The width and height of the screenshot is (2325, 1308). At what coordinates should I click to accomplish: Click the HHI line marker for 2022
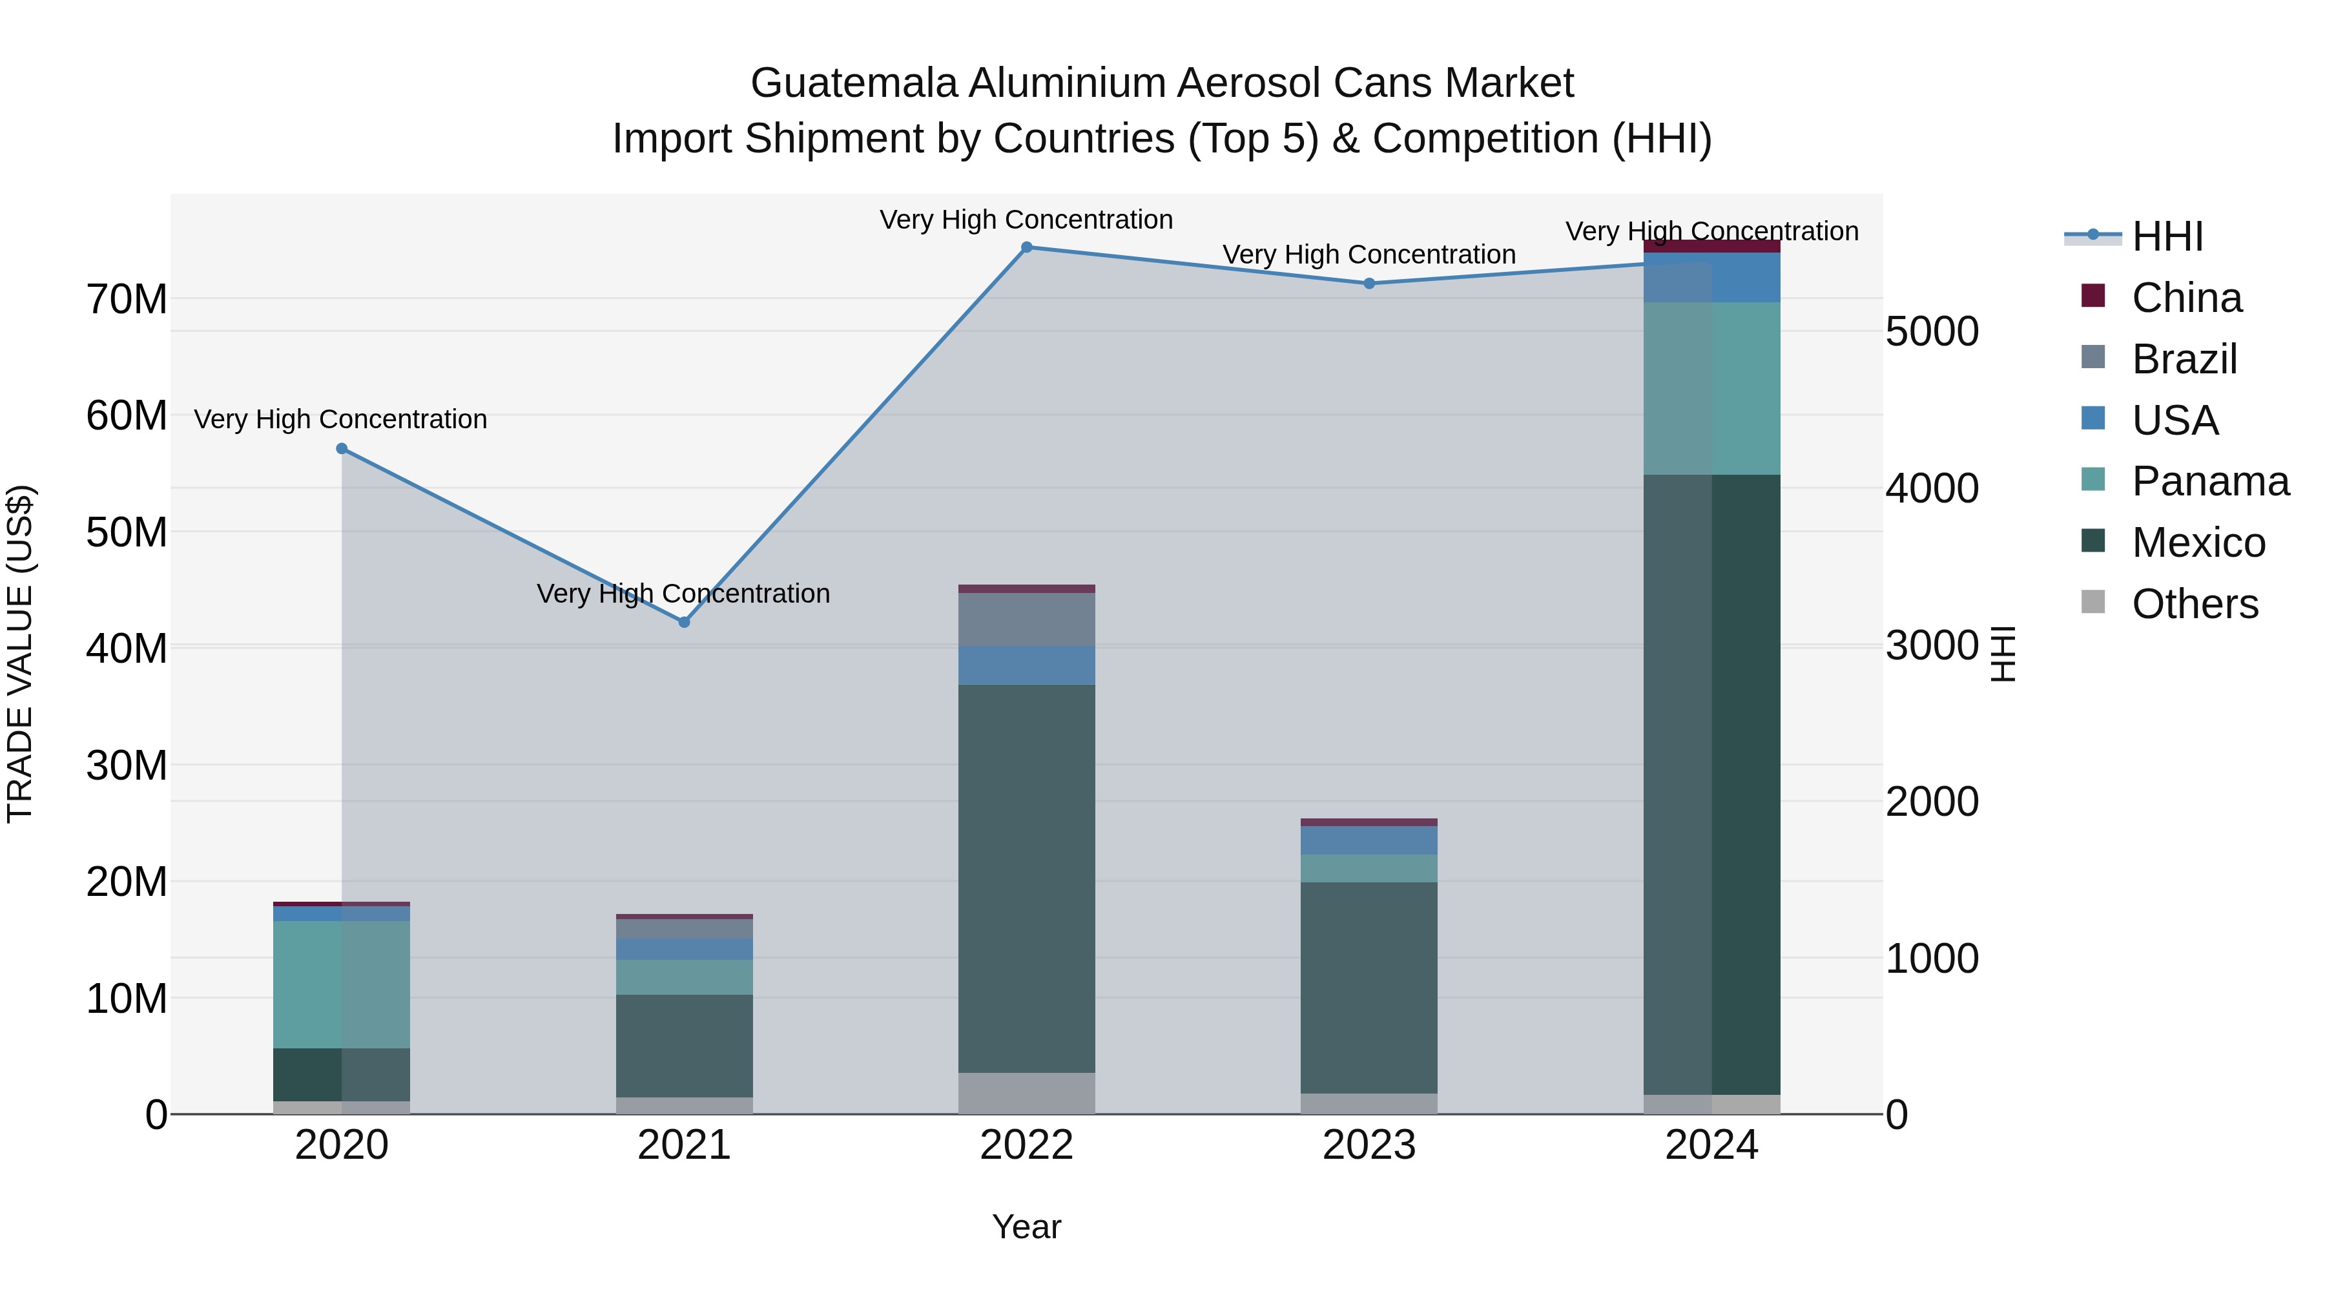click(1026, 247)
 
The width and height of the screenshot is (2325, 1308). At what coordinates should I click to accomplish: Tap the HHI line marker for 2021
click(684, 622)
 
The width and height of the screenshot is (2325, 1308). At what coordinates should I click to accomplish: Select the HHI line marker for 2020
click(341, 449)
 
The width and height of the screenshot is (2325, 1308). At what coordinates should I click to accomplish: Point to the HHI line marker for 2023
click(1369, 284)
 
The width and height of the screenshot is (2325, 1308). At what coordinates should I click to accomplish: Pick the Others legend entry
click(2194, 604)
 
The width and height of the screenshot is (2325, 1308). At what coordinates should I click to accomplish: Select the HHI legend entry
click(2167, 236)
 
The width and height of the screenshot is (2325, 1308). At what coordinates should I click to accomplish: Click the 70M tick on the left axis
click(127, 300)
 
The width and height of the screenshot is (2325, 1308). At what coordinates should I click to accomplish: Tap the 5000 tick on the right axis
click(1932, 331)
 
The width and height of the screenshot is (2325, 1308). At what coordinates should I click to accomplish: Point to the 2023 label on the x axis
click(1369, 1145)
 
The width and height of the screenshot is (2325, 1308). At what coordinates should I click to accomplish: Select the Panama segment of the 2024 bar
click(1711, 388)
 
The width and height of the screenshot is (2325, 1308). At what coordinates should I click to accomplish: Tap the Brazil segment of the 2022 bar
click(1026, 619)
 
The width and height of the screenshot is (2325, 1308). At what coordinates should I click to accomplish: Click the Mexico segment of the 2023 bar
click(1369, 988)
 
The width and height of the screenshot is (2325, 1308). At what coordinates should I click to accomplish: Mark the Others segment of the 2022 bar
click(1026, 1092)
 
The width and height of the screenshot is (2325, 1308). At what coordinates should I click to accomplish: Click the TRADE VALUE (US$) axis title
click(21, 654)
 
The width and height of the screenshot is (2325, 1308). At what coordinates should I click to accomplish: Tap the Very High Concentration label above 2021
click(683, 594)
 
